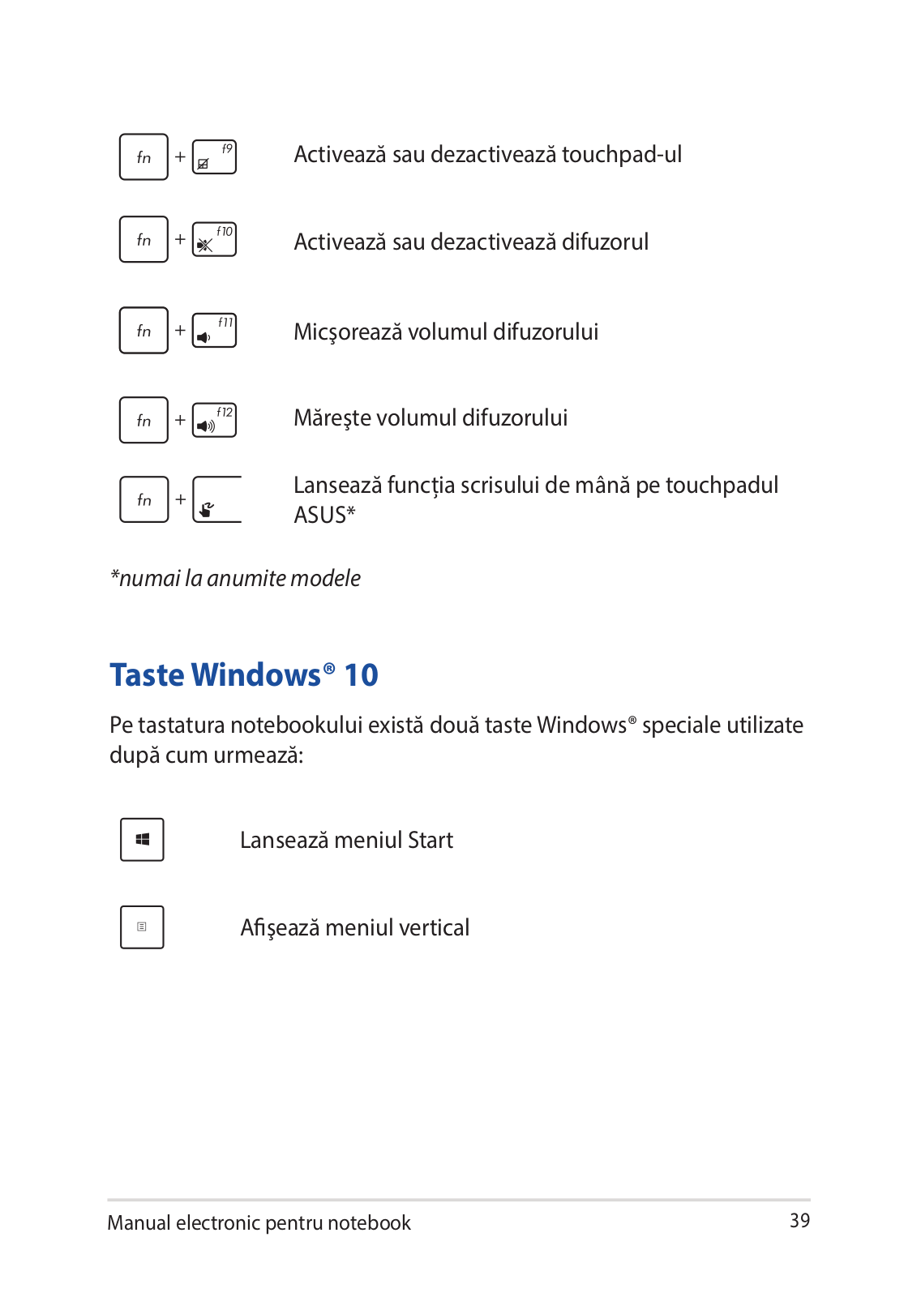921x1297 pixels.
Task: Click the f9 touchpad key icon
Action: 214,157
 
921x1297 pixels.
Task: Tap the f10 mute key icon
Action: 214,240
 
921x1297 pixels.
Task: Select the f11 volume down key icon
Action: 214,331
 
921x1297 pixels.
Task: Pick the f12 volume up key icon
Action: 214,421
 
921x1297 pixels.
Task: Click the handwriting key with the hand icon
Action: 216,500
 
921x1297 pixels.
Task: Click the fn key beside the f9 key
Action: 144,157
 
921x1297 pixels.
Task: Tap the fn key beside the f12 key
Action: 144,421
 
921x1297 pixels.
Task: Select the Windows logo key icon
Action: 142,840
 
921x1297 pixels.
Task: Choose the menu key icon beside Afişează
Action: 142,927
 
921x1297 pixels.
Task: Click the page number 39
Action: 799,1221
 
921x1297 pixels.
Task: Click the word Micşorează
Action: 348,332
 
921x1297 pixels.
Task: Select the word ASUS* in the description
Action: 324,516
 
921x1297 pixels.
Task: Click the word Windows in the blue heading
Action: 256,675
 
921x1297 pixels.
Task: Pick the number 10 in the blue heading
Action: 361,675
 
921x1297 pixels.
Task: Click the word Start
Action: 430,841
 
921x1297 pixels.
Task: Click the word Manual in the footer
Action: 139,1223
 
